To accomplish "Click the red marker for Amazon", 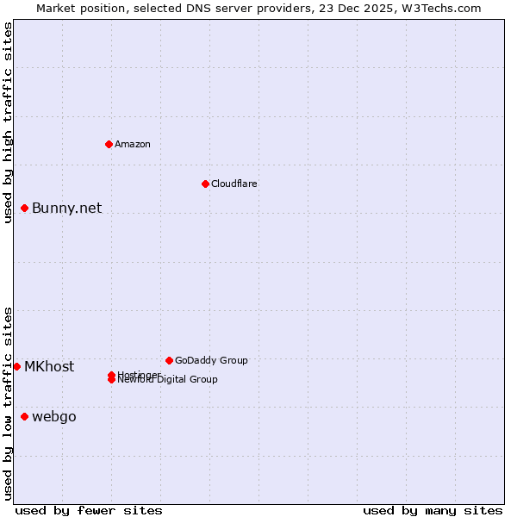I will (109, 144).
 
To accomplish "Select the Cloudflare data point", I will (205, 184).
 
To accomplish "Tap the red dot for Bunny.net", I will (25, 208).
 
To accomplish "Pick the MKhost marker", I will (16, 366).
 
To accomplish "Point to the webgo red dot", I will (25, 417).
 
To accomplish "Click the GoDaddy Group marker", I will (169, 360).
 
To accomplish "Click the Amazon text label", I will (133, 144).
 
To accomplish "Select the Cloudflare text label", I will (234, 184).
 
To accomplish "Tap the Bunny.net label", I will (67, 208).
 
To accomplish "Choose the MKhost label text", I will (49, 366).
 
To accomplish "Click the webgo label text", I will (54, 417).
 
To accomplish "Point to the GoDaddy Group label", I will (211, 360).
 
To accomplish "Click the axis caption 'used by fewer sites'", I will (89, 510).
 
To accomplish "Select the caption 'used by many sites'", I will (433, 510).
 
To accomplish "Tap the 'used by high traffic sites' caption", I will (8, 122).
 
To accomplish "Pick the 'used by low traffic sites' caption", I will (8, 403).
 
